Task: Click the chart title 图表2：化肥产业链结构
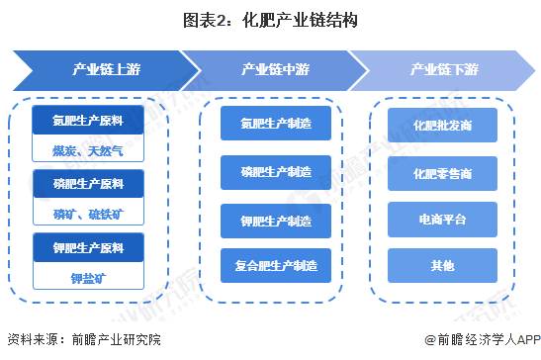click(x=270, y=19)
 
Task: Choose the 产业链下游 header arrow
click(x=444, y=69)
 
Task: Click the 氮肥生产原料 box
click(x=89, y=120)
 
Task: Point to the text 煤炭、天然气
click(x=89, y=149)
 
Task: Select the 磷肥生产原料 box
click(x=89, y=184)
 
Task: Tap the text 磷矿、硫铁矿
click(x=89, y=213)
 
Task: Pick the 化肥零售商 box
click(x=442, y=173)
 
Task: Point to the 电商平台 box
click(x=442, y=219)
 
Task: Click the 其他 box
click(x=442, y=265)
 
